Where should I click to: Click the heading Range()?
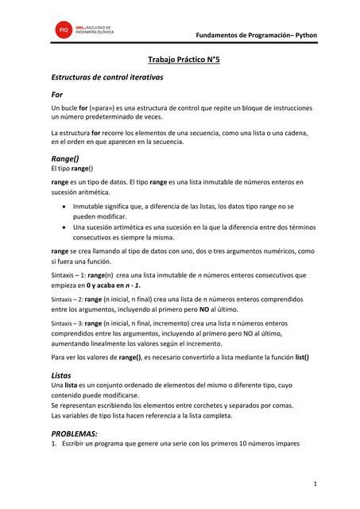tap(65, 159)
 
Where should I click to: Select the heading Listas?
tap(61, 373)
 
